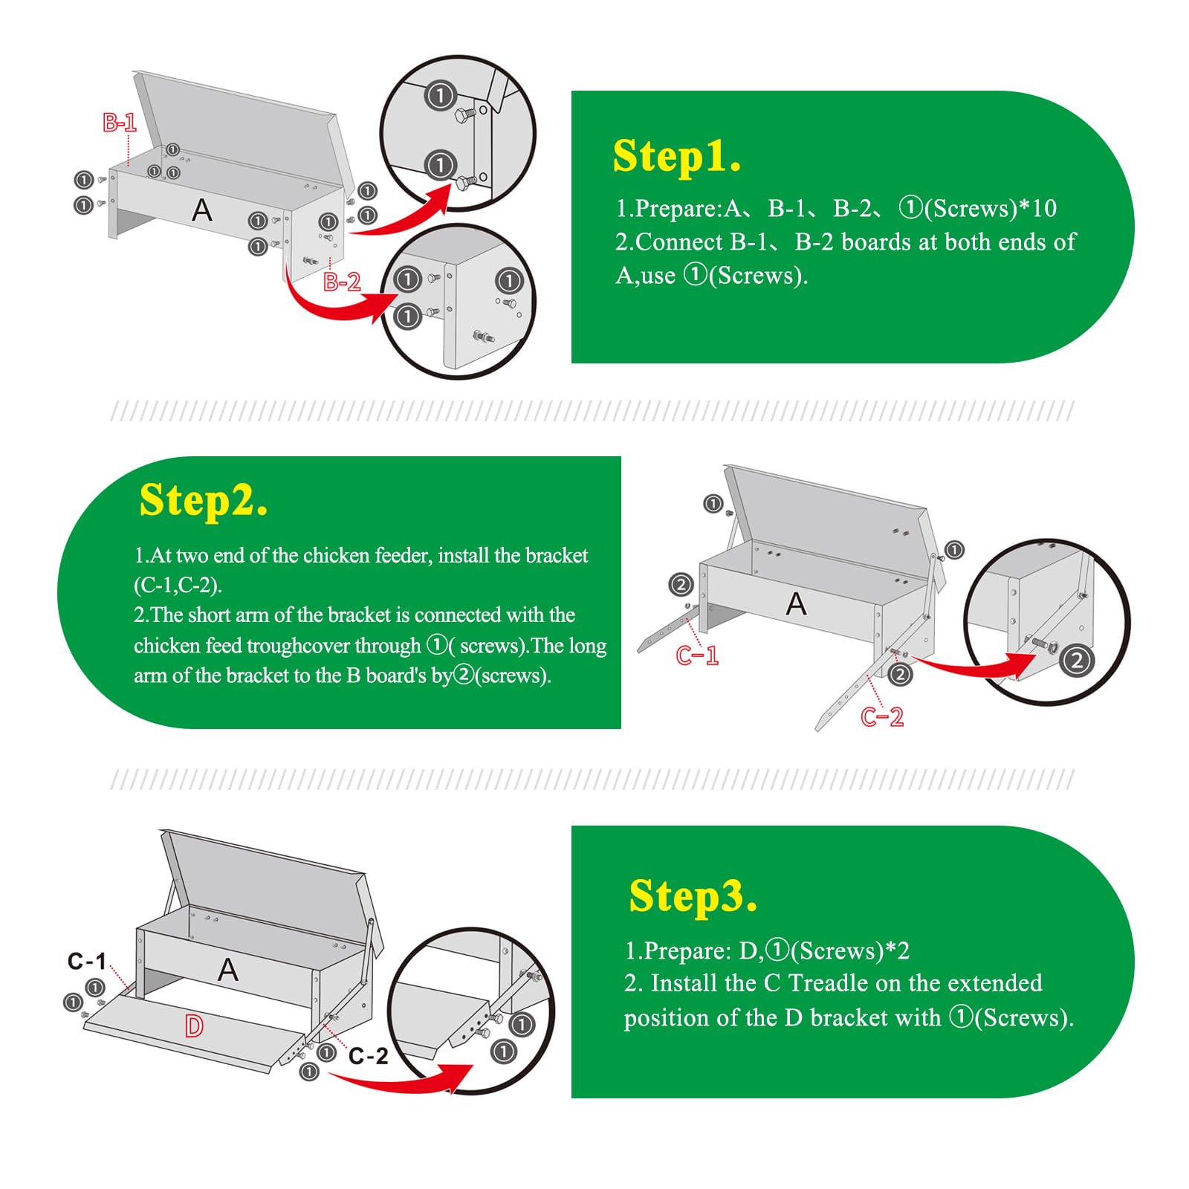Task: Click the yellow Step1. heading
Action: tap(677, 157)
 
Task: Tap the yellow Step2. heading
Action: tap(203, 500)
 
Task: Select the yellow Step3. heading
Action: tap(693, 896)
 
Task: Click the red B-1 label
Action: tap(119, 123)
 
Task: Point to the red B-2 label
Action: tap(342, 282)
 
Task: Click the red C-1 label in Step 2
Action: tap(697, 655)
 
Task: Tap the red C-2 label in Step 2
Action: tap(882, 717)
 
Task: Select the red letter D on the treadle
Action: tap(194, 1026)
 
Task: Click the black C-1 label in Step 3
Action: tap(87, 962)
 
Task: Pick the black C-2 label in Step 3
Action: tap(369, 1056)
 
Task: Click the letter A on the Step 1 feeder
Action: tap(202, 210)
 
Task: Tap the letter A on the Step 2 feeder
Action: tap(796, 604)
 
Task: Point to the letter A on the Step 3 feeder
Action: tap(228, 970)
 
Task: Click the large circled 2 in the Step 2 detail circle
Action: tap(1077, 661)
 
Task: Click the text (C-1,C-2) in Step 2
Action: tap(178, 585)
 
